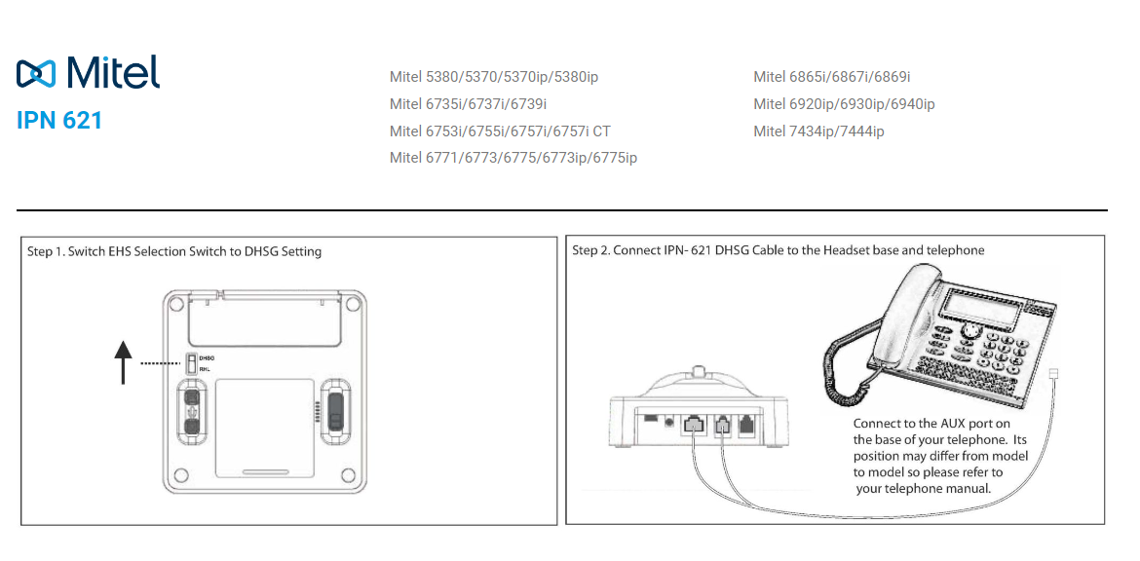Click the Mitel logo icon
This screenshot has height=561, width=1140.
tap(37, 73)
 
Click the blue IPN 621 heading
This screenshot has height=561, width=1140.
tap(59, 121)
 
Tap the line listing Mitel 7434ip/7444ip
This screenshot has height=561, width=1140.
tap(818, 131)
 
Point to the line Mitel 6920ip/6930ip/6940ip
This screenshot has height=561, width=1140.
tap(844, 104)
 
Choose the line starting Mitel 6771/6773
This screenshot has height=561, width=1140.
tap(513, 158)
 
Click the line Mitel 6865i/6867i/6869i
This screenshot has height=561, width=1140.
tap(831, 77)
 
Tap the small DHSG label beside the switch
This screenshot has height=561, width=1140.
tap(207, 358)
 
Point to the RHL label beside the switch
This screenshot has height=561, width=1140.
tap(205, 369)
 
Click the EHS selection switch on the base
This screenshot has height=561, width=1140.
tap(191, 363)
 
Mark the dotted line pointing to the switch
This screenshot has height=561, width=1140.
tap(161, 363)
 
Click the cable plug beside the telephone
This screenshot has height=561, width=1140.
tap(1052, 375)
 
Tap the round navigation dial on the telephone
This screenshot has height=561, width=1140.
tap(970, 331)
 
